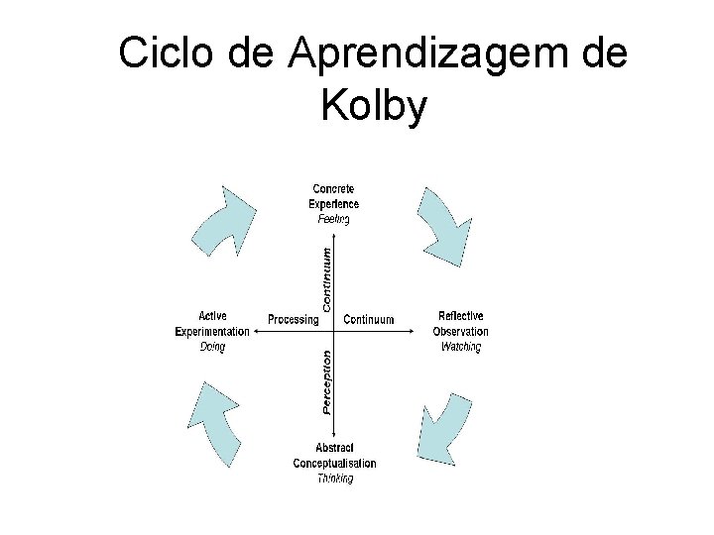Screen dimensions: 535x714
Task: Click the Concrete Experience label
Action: point(335,196)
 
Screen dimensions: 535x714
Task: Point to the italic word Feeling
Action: point(333,219)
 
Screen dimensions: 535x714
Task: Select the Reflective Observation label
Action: point(461,324)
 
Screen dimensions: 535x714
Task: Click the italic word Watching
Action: point(461,347)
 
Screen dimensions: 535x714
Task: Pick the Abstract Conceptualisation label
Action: point(334,456)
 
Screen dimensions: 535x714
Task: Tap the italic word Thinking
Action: point(334,479)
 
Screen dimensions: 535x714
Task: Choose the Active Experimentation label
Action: point(212,324)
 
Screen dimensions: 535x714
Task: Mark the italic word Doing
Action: point(212,347)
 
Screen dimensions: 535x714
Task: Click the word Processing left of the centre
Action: point(293,320)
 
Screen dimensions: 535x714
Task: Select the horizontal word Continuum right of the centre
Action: point(368,320)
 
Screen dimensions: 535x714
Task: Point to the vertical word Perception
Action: point(328,380)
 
